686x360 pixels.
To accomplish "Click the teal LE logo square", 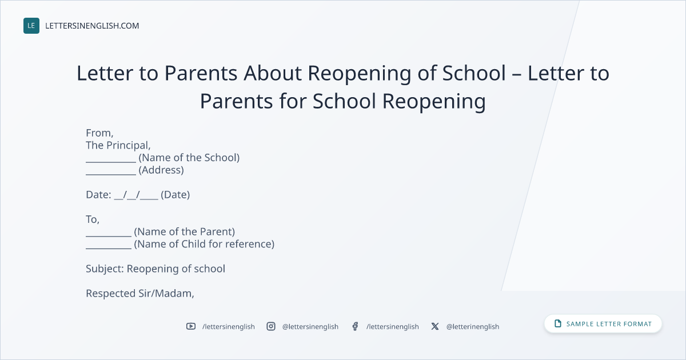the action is pyautogui.click(x=31, y=26).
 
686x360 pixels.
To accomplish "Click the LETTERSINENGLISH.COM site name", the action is pyautogui.click(x=92, y=26).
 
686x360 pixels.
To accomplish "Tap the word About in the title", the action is pyautogui.click(x=273, y=73).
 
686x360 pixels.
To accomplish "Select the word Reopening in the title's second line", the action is pyautogui.click(x=434, y=101).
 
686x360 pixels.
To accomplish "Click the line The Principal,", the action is pyautogui.click(x=118, y=145).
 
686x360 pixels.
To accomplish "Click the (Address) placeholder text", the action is pyautogui.click(x=161, y=170).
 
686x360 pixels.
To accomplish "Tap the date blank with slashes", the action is pyautogui.click(x=136, y=195).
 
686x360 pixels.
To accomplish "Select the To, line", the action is pyautogui.click(x=93, y=219).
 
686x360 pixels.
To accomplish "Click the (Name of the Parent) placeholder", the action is pyautogui.click(x=184, y=232).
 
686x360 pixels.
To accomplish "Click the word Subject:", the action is pyautogui.click(x=105, y=269).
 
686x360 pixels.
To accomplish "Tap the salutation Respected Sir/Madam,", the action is pyautogui.click(x=140, y=293).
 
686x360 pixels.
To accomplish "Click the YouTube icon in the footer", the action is pyautogui.click(x=191, y=326).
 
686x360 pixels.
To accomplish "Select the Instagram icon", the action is pyautogui.click(x=271, y=326).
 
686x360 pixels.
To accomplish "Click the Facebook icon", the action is pyautogui.click(x=355, y=326).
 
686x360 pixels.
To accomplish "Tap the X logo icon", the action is pyautogui.click(x=435, y=326).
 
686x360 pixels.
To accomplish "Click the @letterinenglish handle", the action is pyautogui.click(x=473, y=327).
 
